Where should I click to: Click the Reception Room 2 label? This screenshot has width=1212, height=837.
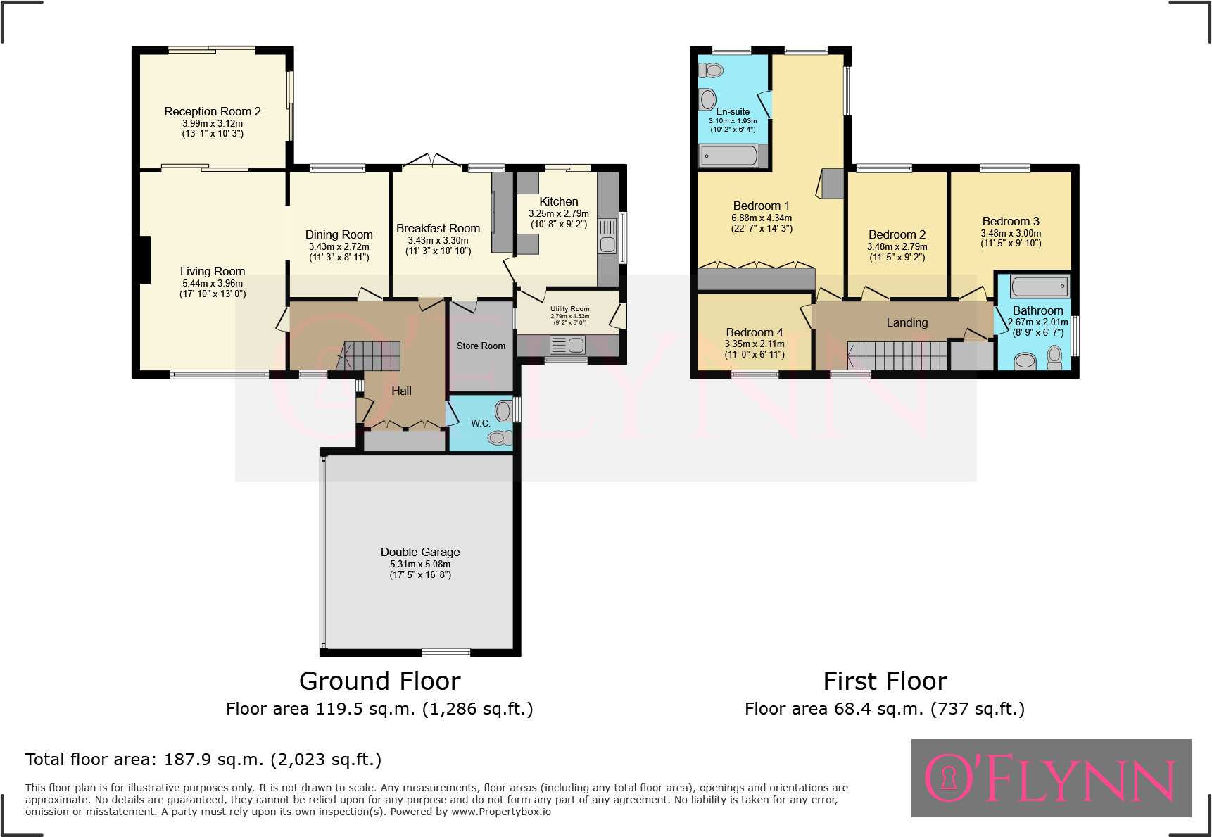[213, 111]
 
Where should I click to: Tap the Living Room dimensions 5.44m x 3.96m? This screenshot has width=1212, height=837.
[213, 284]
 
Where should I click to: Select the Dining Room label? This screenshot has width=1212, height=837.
[339, 234]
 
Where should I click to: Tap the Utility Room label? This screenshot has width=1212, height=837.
[569, 309]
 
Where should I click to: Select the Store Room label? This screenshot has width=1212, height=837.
[481, 346]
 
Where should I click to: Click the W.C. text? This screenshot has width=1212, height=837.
[481, 423]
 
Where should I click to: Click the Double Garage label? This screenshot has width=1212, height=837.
[420, 552]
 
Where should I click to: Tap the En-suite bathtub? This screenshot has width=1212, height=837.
[730, 156]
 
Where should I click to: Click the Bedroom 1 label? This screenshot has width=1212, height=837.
[761, 206]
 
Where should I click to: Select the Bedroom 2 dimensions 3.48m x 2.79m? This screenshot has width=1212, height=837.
[897, 247]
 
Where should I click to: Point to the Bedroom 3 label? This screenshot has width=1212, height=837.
[1011, 221]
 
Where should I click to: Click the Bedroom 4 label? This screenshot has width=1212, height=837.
[754, 332]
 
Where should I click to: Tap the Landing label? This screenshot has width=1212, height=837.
[907, 322]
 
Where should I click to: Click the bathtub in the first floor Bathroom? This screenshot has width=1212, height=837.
[1040, 286]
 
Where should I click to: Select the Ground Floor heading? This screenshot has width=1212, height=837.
[379, 681]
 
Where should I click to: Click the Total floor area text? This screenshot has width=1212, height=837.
[203, 760]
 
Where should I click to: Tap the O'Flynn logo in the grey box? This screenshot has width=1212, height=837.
[1050, 778]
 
